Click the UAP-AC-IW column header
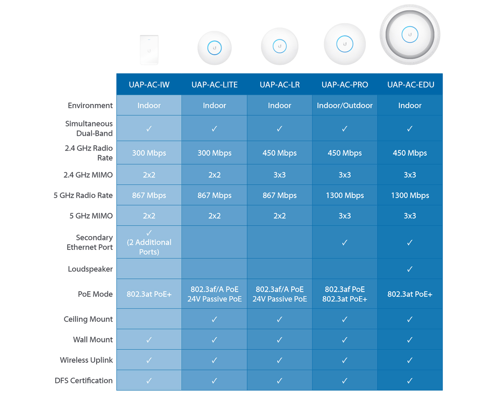tap(149, 85)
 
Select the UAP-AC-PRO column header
tap(344, 85)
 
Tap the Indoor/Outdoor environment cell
tap(344, 105)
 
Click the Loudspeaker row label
tap(90, 269)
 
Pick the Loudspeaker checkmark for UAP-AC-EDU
tap(410, 269)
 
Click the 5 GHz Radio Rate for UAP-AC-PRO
tap(344, 195)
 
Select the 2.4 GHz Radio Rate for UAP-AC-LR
tap(280, 153)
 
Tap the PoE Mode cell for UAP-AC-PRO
tap(344, 294)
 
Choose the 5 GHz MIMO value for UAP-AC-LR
tap(280, 216)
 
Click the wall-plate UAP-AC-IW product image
tap(149, 50)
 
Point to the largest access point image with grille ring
tap(410, 35)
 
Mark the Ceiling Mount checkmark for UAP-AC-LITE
tap(214, 319)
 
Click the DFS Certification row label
tap(84, 380)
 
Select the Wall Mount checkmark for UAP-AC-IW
tap(149, 340)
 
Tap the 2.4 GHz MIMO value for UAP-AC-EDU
tap(410, 175)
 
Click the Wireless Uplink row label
tap(86, 360)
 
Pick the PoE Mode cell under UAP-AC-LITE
tap(214, 294)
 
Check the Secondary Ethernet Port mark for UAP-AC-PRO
tap(344, 243)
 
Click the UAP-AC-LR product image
tap(280, 46)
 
